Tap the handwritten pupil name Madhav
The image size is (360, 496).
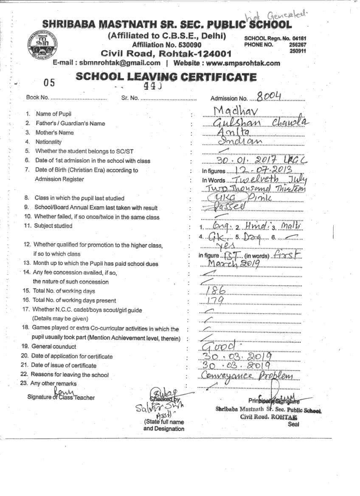coord(236,111)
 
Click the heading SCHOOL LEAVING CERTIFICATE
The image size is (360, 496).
coord(166,77)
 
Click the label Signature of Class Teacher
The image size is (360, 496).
coord(61,398)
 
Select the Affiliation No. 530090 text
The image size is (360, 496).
coord(167,45)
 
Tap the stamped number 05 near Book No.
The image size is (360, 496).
coord(49,82)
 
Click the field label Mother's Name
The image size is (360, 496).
coord(54,132)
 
